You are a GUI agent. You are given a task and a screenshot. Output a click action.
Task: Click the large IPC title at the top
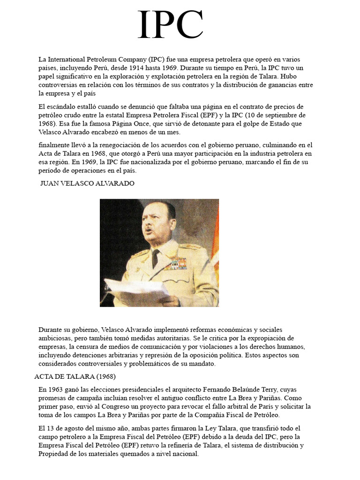pyautogui.click(x=171, y=26)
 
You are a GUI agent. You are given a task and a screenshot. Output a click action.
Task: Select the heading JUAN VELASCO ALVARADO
pyautogui.click(x=87, y=183)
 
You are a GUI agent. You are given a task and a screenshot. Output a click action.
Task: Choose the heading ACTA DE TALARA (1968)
pyautogui.click(x=75, y=376)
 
